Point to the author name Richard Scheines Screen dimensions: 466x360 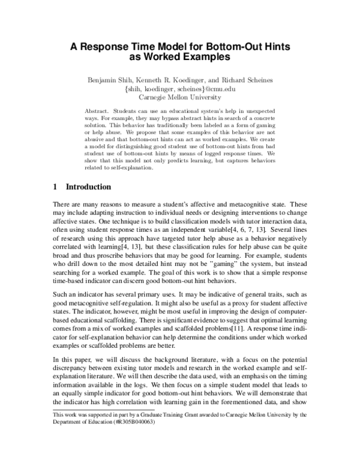pos(253,78)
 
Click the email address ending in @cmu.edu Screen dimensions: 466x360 pos(179,88)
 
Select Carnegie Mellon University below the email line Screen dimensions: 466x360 pos(179,97)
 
